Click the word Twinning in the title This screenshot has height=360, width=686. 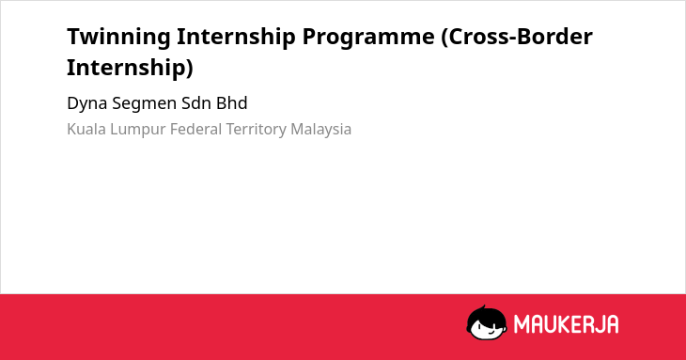pos(118,37)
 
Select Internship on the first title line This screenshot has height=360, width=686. pos(236,37)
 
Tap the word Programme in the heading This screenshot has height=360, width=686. pos(368,38)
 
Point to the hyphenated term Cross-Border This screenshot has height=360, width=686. pos(517,37)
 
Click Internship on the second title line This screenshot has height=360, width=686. pos(130,68)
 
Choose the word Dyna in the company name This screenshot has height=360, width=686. pos(87,104)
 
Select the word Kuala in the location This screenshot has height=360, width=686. pos(86,130)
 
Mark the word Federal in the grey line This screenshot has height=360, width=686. pos(196,130)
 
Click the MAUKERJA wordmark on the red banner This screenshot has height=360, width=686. pos(566,324)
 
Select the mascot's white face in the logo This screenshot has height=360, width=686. pos(489,328)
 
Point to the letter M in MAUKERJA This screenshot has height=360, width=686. pos(522,324)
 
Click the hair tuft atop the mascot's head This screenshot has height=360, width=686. pos(483,307)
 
